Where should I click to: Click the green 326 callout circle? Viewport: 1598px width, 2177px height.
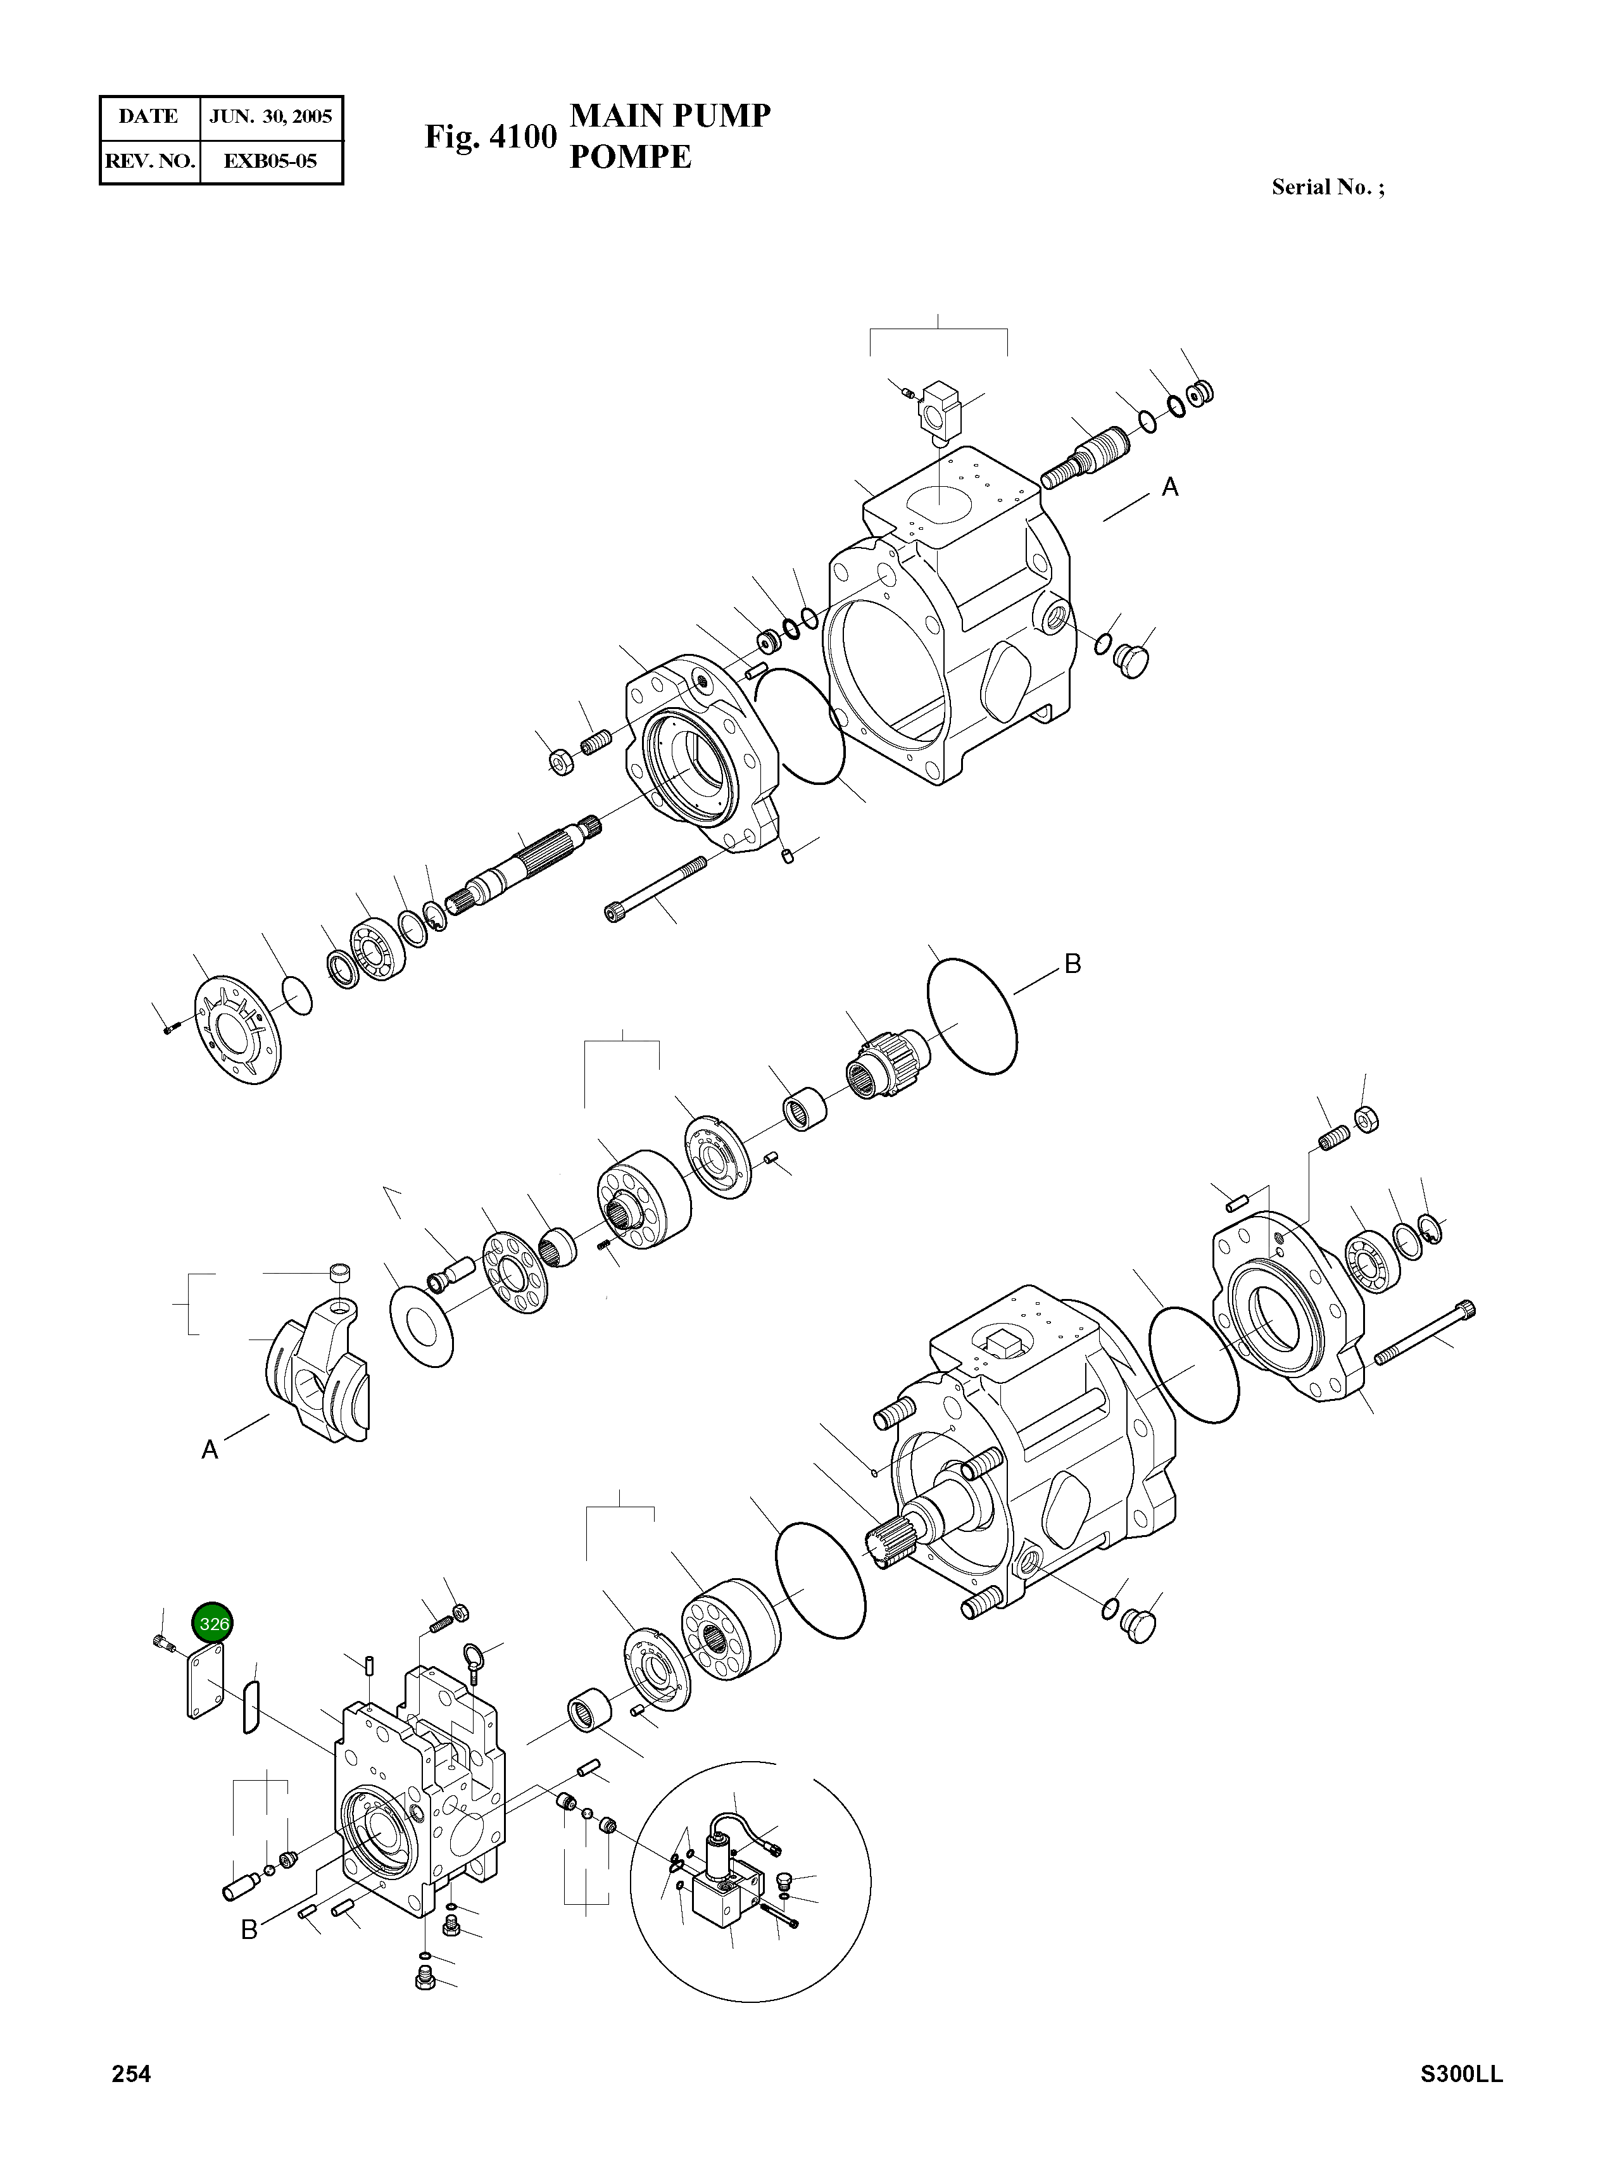coord(213,1624)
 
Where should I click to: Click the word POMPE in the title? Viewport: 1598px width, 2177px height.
coord(630,156)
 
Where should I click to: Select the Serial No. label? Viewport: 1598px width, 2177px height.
coord(1327,187)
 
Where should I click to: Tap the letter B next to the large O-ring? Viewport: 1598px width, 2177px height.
coord(1072,963)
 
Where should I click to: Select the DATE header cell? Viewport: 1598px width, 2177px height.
coord(148,117)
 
